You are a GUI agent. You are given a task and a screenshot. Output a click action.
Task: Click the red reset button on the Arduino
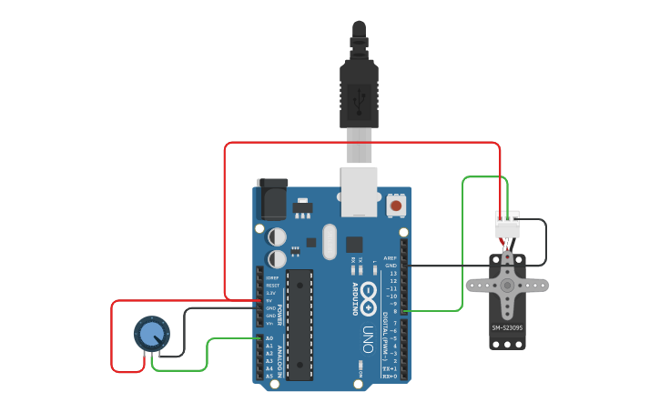[x=396, y=206]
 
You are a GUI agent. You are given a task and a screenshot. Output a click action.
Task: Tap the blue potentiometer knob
[x=149, y=335]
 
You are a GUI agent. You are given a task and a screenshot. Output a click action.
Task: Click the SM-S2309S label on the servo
[x=507, y=327]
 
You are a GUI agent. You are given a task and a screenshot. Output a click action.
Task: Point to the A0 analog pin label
[x=269, y=338]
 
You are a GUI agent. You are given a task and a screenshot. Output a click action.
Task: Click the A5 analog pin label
[x=269, y=376]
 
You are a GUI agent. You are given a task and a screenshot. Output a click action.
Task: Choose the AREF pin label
[x=391, y=257]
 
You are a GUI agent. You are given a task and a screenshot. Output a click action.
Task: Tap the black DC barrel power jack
[x=272, y=198]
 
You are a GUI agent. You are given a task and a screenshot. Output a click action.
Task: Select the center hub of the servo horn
[x=507, y=285]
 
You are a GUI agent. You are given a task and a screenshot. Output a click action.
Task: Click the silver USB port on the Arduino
[x=359, y=191]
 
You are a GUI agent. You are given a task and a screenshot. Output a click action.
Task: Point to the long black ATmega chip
[x=300, y=324]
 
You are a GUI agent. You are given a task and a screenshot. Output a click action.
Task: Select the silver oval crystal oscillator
[x=329, y=242]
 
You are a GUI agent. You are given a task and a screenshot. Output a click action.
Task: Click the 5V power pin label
[x=270, y=300]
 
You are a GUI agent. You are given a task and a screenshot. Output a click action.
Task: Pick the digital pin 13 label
[x=392, y=273]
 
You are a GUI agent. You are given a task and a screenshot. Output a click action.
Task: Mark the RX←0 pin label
[x=389, y=376]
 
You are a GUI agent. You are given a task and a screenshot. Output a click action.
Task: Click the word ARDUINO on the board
[x=355, y=298]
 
